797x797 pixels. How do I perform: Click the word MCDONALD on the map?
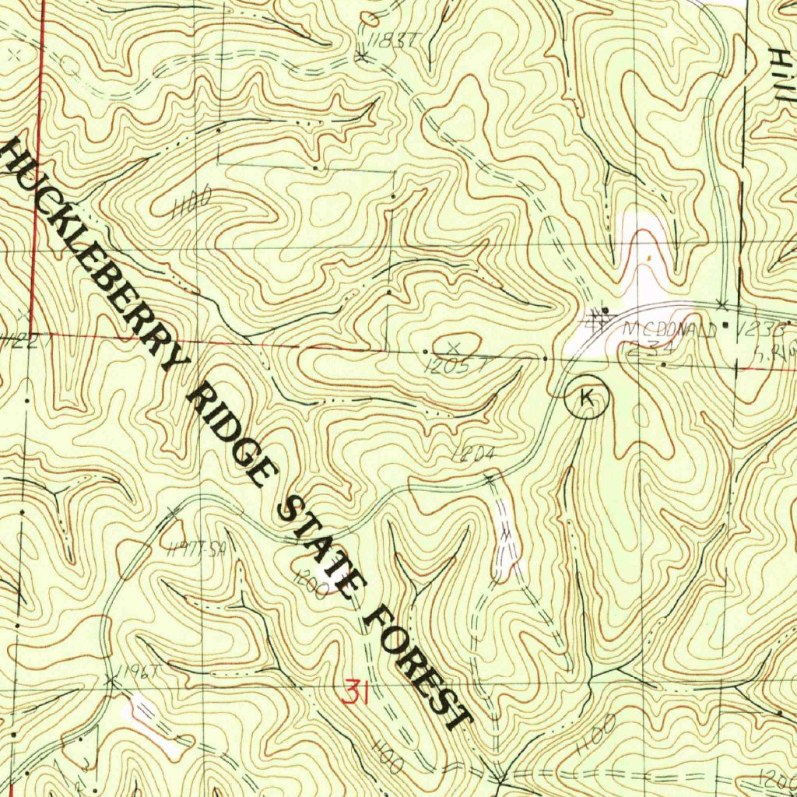(670, 330)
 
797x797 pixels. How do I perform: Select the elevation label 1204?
(469, 456)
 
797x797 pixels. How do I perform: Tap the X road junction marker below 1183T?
(361, 57)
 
